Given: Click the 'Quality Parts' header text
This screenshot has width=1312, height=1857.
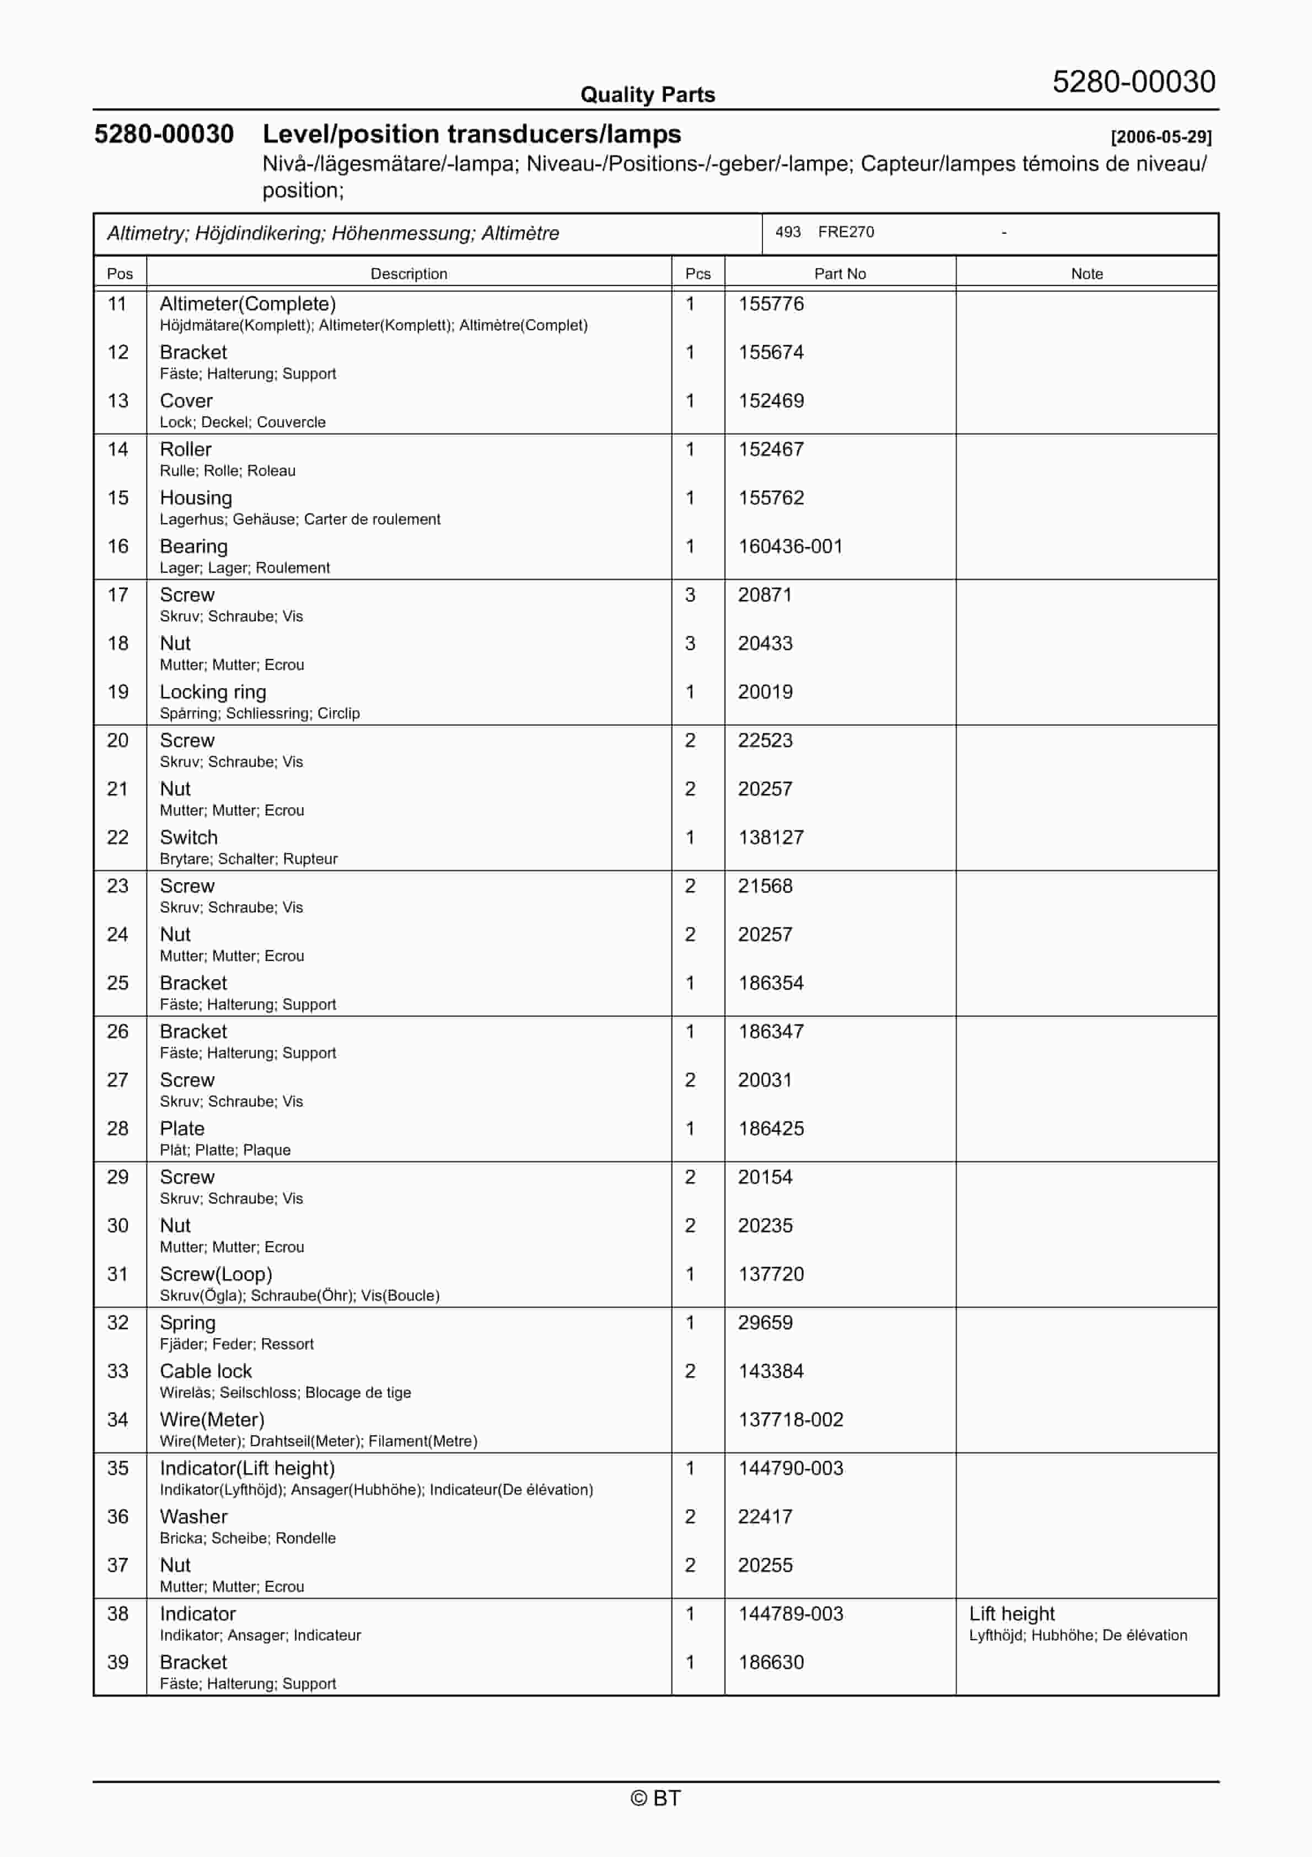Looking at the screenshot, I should (647, 95).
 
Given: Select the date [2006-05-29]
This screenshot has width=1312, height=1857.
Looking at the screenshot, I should (1161, 137).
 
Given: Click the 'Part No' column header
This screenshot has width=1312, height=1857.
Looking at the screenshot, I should (840, 273).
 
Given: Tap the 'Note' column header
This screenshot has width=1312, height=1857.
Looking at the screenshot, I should (1087, 273).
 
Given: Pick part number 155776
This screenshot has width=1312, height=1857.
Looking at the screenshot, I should (770, 304).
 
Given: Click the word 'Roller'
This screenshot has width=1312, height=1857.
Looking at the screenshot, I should (185, 450).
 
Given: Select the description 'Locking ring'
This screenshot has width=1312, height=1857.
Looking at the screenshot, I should (213, 693).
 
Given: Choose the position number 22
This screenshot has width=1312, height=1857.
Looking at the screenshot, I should (118, 838).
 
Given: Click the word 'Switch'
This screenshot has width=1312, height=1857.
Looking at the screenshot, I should (189, 838).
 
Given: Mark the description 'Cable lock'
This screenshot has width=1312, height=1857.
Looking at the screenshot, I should (206, 1372).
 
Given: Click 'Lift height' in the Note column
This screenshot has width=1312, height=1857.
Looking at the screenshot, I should (1011, 1614).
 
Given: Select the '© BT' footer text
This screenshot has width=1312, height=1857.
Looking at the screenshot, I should (655, 1798).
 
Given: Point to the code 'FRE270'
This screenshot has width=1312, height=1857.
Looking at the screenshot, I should (845, 232).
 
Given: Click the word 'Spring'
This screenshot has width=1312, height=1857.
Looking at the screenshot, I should (187, 1323).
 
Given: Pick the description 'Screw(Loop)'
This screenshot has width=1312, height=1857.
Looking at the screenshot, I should (215, 1275).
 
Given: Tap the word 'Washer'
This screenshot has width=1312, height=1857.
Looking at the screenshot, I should (193, 1517).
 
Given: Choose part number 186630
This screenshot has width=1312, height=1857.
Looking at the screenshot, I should (770, 1663).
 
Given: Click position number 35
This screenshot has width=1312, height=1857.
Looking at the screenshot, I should (118, 1469).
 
